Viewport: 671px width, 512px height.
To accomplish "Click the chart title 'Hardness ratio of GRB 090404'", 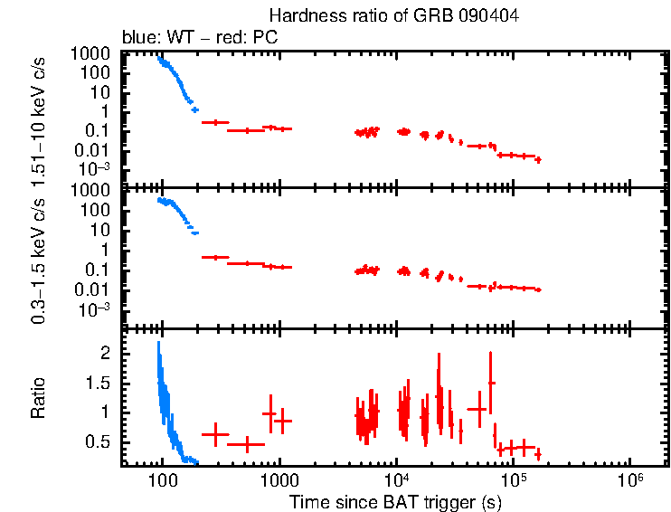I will pos(394,17).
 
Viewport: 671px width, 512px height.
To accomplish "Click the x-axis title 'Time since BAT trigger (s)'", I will pos(394,501).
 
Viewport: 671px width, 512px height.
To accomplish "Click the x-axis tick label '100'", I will pos(162,480).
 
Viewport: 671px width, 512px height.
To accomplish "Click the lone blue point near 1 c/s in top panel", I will pos(194,109).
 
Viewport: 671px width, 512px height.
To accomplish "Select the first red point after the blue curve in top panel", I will pos(215,122).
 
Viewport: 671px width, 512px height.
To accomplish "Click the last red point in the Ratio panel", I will pos(538,453).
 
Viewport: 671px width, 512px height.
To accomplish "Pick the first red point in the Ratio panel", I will pos(215,435).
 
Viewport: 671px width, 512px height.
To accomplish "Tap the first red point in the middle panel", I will pos(215,258).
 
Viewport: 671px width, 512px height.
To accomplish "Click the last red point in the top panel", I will pos(538,160).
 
